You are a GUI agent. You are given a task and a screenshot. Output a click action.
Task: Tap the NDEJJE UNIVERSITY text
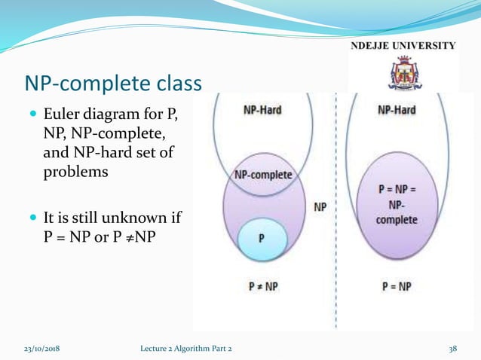(403, 45)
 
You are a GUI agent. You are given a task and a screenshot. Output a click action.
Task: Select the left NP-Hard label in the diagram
(262, 110)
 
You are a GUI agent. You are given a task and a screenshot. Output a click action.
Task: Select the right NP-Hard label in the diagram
(397, 110)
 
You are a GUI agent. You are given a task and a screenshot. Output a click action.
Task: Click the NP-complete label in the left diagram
(263, 175)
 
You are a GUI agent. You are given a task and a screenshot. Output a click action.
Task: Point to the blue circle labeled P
(261, 238)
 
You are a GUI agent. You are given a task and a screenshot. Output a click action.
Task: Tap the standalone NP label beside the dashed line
(319, 206)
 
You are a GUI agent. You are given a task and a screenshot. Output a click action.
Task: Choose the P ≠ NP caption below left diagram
(263, 287)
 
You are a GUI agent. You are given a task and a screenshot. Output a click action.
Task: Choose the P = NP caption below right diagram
(397, 287)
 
